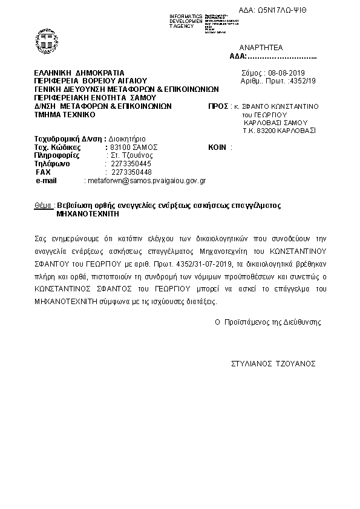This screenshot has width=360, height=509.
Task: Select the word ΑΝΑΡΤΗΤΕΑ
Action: click(261, 47)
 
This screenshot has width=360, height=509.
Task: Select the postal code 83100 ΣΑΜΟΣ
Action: click(131, 147)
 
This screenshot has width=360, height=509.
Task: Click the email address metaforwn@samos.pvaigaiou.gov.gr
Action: click(146, 180)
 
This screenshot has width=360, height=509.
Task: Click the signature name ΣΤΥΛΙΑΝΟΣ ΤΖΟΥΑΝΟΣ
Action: click(273, 364)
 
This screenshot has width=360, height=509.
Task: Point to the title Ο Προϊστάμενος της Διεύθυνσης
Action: click(268, 322)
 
